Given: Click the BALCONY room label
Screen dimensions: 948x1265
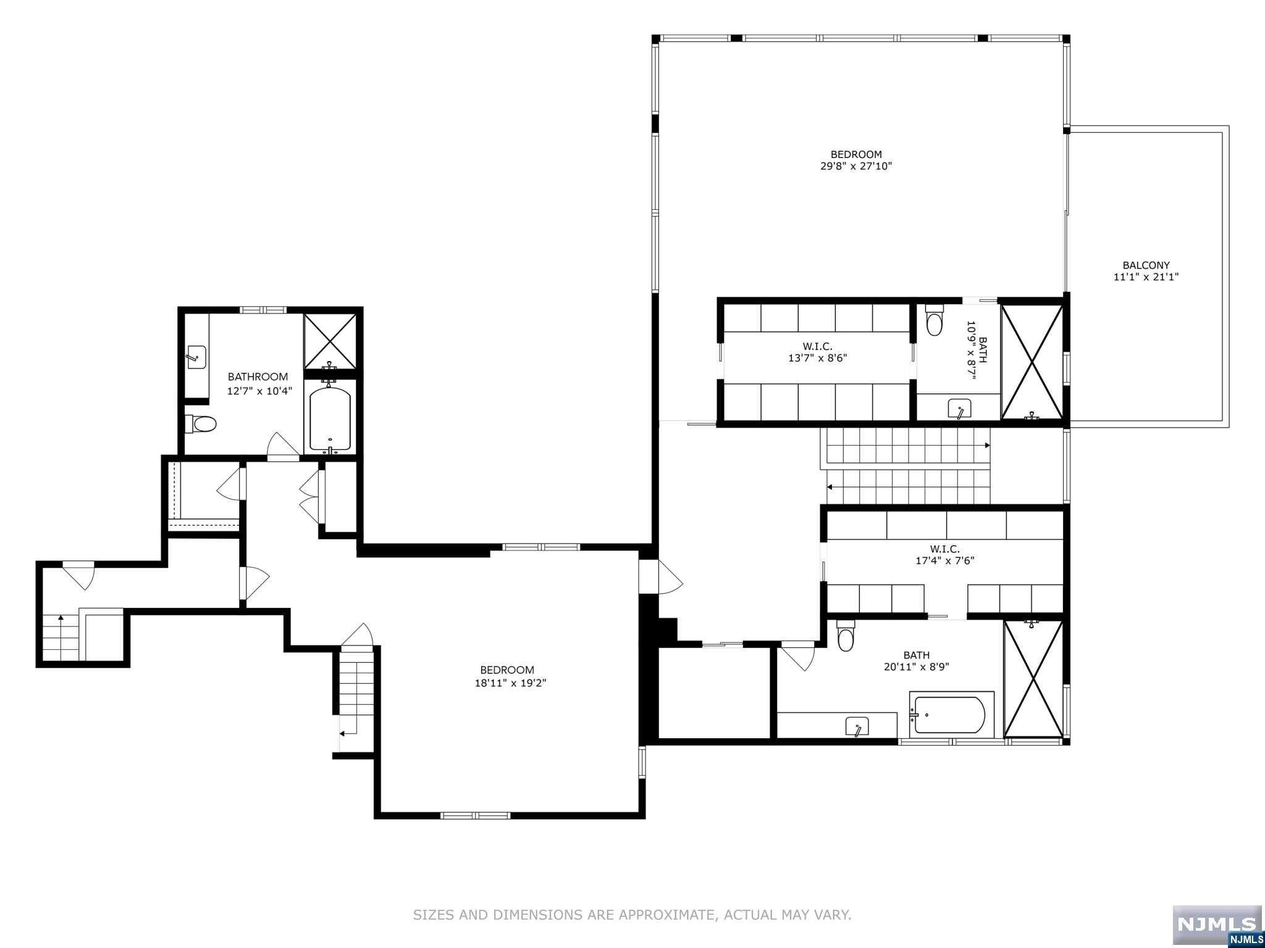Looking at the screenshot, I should (x=1146, y=265).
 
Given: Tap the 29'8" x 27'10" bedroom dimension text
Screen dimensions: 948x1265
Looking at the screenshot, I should (x=855, y=166).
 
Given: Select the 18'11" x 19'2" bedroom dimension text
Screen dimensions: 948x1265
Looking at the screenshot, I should (x=506, y=683).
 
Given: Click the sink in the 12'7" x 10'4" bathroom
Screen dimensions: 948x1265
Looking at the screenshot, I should (x=196, y=357).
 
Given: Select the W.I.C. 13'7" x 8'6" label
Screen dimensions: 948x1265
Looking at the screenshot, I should (x=817, y=352).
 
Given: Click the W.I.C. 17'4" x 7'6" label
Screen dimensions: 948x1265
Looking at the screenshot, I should (x=944, y=554).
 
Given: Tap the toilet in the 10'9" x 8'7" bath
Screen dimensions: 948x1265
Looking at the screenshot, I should (x=935, y=322).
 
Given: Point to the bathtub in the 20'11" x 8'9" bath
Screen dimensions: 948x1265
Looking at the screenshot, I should (x=950, y=715).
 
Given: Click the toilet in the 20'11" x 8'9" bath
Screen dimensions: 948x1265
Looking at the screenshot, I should (x=845, y=639).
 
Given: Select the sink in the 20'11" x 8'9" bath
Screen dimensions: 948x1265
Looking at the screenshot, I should (x=857, y=726).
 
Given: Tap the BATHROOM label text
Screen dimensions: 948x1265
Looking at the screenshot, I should (x=258, y=376).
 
